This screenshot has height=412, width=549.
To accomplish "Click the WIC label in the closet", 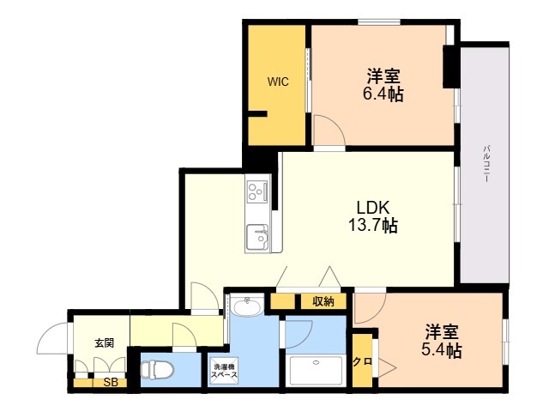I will tap(277, 82).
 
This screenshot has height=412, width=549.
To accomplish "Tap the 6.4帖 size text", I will tap(383, 94).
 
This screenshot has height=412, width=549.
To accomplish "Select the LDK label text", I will tap(373, 207).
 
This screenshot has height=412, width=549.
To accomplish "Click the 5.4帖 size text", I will tap(443, 350).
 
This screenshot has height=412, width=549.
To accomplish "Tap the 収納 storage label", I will tap(323, 301).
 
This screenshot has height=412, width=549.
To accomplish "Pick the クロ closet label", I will tap(362, 361).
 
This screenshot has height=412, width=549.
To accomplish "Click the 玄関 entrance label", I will tap(104, 342).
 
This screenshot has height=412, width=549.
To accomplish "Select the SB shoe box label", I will tap(110, 383).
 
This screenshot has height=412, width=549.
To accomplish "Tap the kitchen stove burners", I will tap(257, 191).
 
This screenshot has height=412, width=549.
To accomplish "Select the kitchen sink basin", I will tap(257, 235).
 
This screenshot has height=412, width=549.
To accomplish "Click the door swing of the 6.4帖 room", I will tap(328, 134).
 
